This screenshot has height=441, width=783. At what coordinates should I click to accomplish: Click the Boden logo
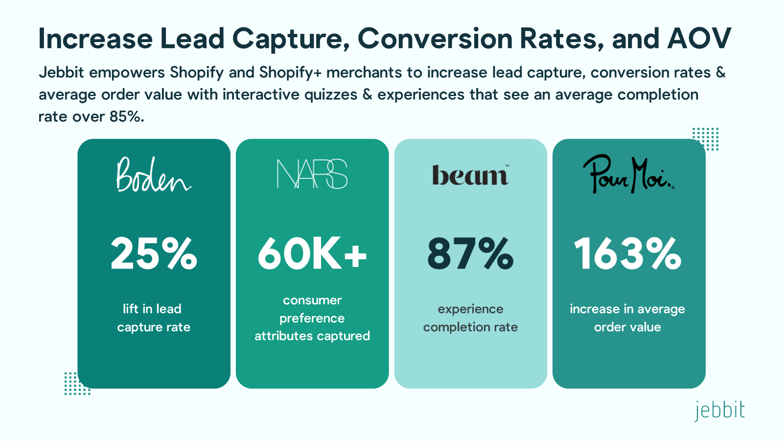(153, 175)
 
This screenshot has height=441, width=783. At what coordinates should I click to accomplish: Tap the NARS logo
(312, 174)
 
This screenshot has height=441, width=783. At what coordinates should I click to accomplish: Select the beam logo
(470, 175)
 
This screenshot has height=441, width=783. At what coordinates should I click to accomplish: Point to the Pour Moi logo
(628, 174)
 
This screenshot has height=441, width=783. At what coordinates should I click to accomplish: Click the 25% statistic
(154, 254)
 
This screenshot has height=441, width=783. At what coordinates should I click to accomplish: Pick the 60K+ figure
(312, 254)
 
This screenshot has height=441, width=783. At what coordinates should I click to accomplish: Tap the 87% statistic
(470, 254)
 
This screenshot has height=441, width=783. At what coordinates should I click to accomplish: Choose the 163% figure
(628, 254)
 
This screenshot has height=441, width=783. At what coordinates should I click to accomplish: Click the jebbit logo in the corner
(719, 411)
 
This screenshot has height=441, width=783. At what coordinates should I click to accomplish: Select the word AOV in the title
(699, 39)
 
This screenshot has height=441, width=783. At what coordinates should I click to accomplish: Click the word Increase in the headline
(96, 39)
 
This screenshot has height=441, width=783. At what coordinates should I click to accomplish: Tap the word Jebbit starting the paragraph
(62, 73)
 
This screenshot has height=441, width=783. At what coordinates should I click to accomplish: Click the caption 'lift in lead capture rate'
(153, 318)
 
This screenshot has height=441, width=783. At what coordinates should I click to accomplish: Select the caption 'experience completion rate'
(470, 318)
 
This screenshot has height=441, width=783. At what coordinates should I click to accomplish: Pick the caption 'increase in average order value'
(627, 318)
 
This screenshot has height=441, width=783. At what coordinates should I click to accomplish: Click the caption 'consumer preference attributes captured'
(312, 318)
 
